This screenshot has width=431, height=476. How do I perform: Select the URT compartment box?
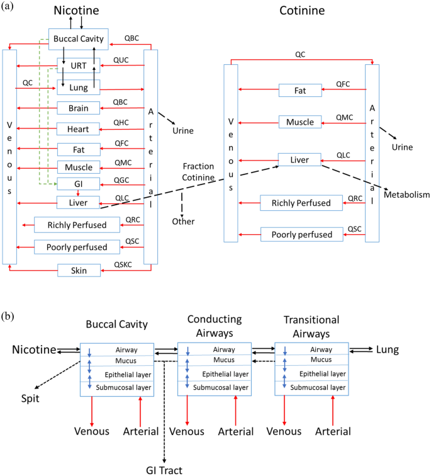tap(79, 65)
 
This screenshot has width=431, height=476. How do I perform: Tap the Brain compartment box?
tap(79, 108)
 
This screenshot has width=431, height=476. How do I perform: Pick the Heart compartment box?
tap(79, 129)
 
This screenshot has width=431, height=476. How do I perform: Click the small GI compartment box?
tap(79, 184)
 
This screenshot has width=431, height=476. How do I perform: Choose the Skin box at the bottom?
tap(79, 271)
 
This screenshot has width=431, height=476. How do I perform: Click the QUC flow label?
tap(121, 60)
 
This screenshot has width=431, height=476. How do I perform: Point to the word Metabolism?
tap(406, 195)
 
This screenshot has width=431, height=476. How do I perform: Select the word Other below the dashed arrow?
tap(183, 221)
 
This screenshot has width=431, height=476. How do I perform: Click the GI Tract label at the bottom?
tap(164, 468)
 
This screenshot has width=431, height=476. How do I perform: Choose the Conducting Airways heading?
tap(215, 325)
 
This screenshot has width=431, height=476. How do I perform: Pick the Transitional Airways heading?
tap(311, 325)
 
